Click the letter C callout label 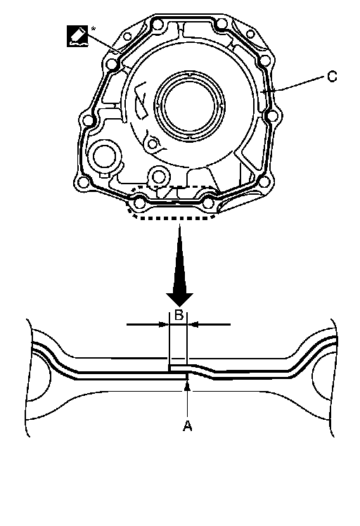coord(331,77)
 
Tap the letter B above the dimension coord(179,315)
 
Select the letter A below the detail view coord(187,425)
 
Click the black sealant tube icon coord(77,36)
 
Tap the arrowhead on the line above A coord(188,386)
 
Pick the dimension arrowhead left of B coord(163,324)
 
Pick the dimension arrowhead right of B coord(193,324)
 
